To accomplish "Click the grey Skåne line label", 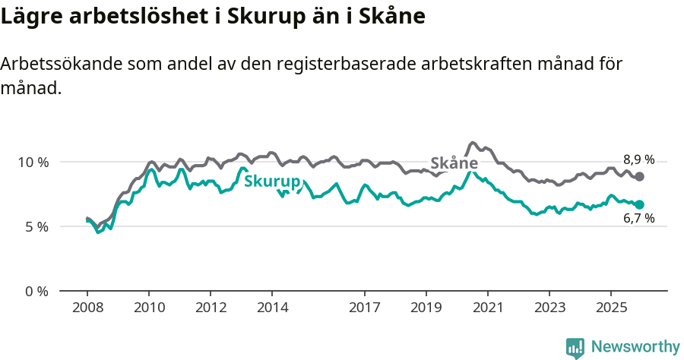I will pos(454,163).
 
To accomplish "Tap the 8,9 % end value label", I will pos(638,159).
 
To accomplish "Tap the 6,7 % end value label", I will pos(638,219).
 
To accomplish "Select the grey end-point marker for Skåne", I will pos(640,176).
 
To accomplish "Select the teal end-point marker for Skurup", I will pos(640,204).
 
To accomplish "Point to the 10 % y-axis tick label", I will pos(33,162).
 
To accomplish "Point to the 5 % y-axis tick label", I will pos(36,226).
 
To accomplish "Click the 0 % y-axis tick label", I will pos(36,291).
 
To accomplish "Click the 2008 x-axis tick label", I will pos(87,308).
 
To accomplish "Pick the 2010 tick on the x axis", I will pos(149,308).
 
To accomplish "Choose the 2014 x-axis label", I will pos(272,308).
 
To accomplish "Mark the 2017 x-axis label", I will pos(365,308).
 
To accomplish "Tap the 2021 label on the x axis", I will pos(488,308).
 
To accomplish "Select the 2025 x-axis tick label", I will pos(610,308).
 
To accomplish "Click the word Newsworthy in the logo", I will pos(635,347).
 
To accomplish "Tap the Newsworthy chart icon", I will pos(575,348).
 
